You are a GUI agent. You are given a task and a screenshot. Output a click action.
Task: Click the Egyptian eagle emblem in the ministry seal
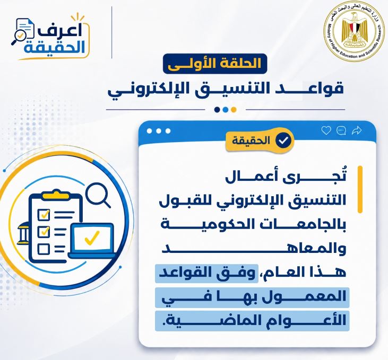click(354, 30)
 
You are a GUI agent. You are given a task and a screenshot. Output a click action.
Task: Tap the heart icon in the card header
click(326, 130)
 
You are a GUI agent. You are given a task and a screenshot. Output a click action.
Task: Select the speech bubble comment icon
click(341, 130)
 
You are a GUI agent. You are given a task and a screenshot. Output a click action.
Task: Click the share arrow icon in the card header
click(357, 130)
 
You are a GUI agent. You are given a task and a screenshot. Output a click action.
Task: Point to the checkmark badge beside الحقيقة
click(283, 141)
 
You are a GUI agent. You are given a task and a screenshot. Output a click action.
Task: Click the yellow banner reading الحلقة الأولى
click(215, 64)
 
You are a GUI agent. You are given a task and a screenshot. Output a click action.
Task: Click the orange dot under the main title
click(234, 110)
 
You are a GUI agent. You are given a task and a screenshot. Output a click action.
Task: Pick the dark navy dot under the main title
click(217, 110)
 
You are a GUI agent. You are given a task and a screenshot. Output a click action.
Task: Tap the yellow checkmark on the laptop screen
click(92, 238)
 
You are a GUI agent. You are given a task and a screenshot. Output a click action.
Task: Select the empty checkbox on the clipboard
click(44, 249)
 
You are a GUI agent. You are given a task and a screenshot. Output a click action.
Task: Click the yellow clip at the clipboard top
click(55, 195)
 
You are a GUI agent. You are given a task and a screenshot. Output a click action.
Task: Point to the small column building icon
click(23, 233)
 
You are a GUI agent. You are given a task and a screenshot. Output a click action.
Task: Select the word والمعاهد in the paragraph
click(254, 249)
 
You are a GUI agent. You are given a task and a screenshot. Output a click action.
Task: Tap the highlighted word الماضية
click(214, 321)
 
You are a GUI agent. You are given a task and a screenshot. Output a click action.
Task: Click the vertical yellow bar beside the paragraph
click(360, 189)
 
